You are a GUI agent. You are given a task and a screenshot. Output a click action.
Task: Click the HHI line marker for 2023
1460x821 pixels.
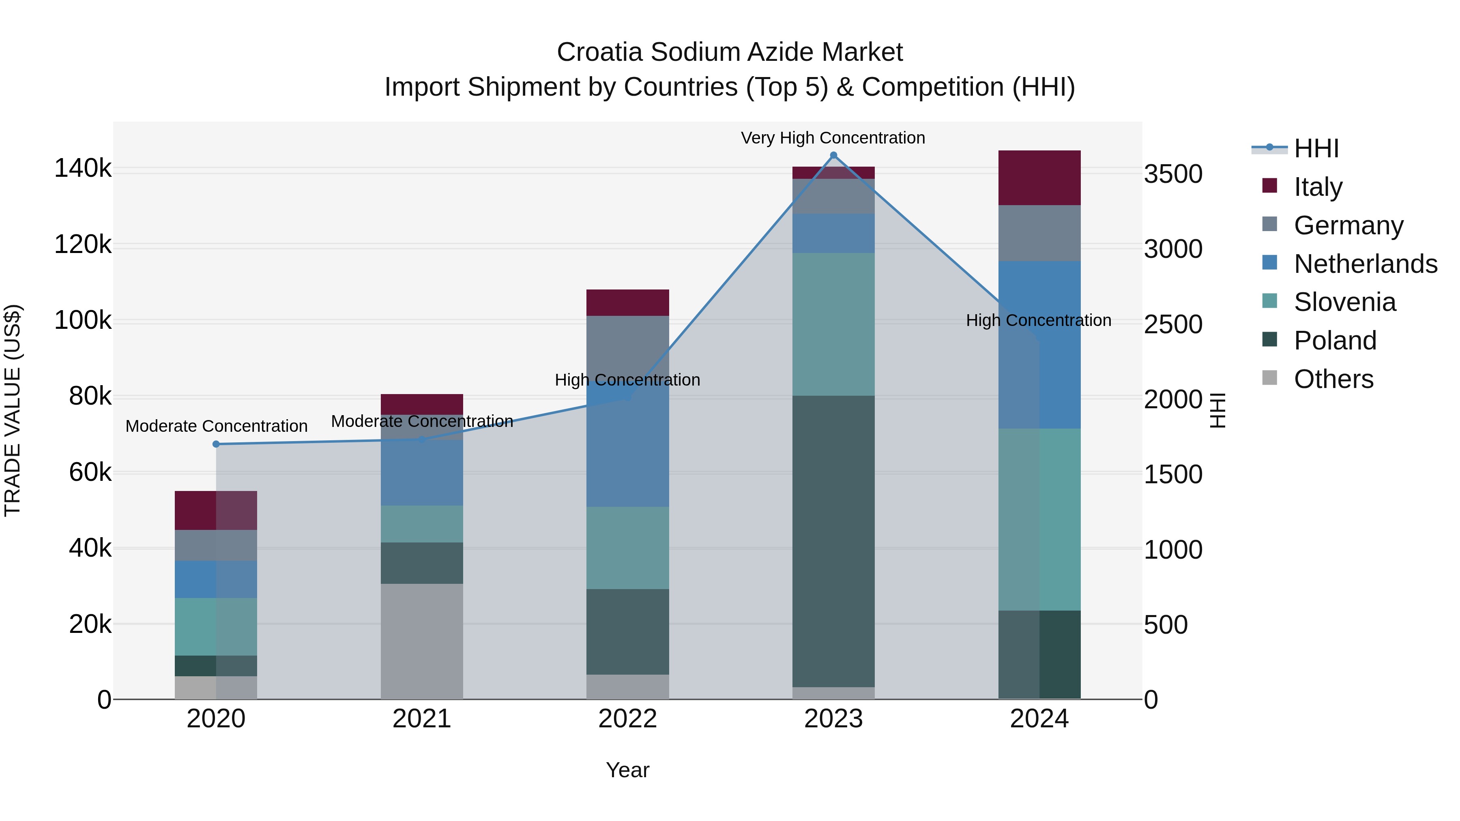pyautogui.click(x=833, y=155)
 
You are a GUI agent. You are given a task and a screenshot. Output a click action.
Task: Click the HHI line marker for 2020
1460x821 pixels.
pyautogui.click(x=216, y=444)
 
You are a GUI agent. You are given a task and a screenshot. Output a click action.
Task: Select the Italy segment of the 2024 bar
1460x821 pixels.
pyautogui.click(x=1039, y=178)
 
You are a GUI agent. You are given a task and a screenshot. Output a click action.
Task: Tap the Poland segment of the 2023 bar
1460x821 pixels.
pyautogui.click(x=833, y=541)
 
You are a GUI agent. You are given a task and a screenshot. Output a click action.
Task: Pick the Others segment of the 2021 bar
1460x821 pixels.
pyautogui.click(x=422, y=641)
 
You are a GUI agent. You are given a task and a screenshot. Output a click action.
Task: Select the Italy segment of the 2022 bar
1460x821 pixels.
pyautogui.click(x=627, y=302)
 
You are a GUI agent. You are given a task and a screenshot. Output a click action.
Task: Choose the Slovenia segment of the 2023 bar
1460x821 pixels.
pyautogui.click(x=833, y=324)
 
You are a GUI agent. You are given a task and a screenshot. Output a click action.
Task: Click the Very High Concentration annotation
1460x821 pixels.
pyautogui.click(x=833, y=138)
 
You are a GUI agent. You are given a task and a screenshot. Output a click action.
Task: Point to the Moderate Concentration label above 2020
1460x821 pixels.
pyautogui.click(x=216, y=426)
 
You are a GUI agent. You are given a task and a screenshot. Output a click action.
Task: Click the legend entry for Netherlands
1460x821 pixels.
pyautogui.click(x=1366, y=264)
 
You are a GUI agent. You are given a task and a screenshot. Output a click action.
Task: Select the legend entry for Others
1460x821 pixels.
pyautogui.click(x=1333, y=379)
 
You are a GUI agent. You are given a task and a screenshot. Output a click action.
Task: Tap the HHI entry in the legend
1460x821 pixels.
pyautogui.click(x=1316, y=148)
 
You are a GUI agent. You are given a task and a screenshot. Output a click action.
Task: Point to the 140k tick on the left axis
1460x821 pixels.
pyautogui.click(x=83, y=169)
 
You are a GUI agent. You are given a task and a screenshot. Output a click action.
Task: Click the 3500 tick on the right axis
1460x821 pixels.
pyautogui.click(x=1172, y=174)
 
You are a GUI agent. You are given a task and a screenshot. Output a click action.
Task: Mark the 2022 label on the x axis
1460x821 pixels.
pyautogui.click(x=627, y=719)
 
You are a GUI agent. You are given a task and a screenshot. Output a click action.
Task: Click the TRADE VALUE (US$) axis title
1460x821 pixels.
pyautogui.click(x=13, y=410)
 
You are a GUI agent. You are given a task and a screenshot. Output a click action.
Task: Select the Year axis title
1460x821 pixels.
pyautogui.click(x=627, y=770)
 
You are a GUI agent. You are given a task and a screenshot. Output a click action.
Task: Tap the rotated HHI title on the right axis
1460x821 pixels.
pyautogui.click(x=1216, y=410)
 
